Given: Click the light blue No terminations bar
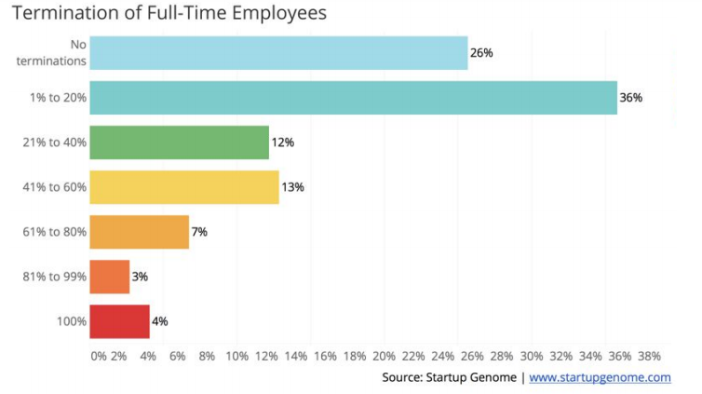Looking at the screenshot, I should pos(278,53).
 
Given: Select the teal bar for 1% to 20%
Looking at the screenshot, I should pos(353,98).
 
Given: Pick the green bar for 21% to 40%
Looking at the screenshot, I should pos(179,143).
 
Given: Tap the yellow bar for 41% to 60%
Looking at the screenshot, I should pos(184,187).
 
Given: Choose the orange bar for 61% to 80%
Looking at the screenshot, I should pos(139,232).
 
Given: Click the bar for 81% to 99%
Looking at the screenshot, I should pos(110,277).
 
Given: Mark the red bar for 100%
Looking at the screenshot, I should pos(119,321).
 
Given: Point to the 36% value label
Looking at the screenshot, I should pos(631,98).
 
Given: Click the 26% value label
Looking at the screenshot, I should pos(481,53).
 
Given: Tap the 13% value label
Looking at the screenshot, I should pos(292,187).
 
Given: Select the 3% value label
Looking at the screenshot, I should pos(140,277).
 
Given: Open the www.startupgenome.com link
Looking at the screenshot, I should pos(600,377).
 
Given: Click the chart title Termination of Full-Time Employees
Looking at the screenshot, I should pos(169,14).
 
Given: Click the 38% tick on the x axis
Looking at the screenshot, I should pos(649,356).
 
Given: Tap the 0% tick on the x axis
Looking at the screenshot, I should pos(99,356).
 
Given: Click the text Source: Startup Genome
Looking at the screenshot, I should pos(449,377).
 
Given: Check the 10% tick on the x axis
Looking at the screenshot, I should pos(236,356).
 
